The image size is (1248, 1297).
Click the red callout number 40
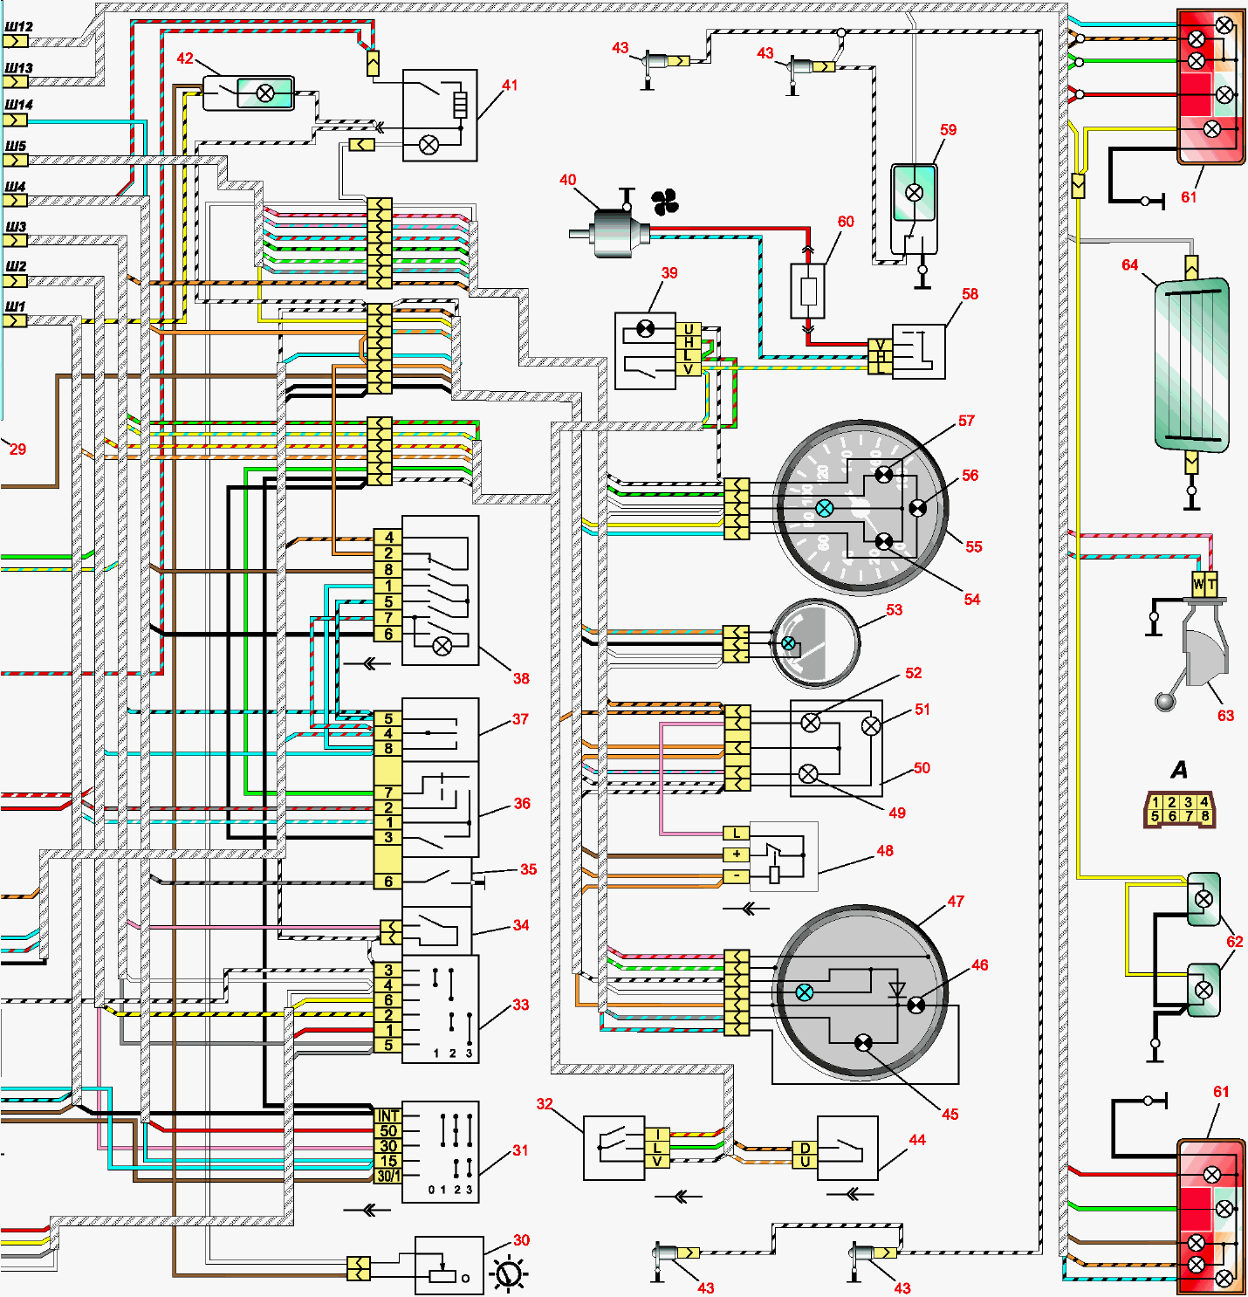(567, 180)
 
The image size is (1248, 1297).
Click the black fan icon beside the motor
(665, 203)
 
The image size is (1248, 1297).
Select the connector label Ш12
(18, 26)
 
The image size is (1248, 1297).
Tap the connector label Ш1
(15, 306)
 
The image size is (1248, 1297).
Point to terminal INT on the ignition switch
(388, 1115)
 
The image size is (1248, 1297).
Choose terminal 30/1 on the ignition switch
(388, 1176)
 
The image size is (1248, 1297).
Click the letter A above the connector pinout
(1179, 770)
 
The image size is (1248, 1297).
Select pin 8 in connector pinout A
(1204, 816)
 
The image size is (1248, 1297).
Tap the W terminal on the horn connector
(1198, 583)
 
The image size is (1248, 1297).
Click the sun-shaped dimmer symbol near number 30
(509, 1273)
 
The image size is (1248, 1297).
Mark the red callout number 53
(894, 610)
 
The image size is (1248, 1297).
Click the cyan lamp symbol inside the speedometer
(824, 508)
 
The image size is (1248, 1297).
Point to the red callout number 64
(1129, 264)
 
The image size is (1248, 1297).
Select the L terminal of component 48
(737, 834)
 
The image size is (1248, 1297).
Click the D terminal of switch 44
(805, 1148)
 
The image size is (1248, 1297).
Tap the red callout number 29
(17, 449)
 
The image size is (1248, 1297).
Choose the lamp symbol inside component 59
(914, 193)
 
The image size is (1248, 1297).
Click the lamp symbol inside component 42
(265, 93)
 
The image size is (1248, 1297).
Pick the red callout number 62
(1234, 942)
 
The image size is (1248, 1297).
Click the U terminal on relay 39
(689, 329)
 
